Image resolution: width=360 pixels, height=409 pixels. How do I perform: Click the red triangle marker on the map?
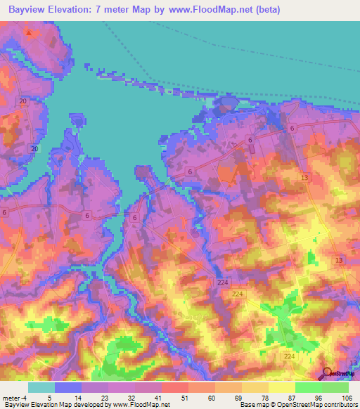[28, 32]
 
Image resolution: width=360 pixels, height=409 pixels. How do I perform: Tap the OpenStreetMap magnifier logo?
[328, 373]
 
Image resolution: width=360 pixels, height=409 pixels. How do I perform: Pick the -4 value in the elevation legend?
[26, 396]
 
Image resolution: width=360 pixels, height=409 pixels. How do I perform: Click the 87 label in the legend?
[296, 396]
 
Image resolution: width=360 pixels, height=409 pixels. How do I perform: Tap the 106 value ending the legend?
[348, 396]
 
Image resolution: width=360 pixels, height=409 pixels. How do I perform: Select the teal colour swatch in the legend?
[41, 387]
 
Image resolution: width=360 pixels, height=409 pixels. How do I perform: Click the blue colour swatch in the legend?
[68, 387]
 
